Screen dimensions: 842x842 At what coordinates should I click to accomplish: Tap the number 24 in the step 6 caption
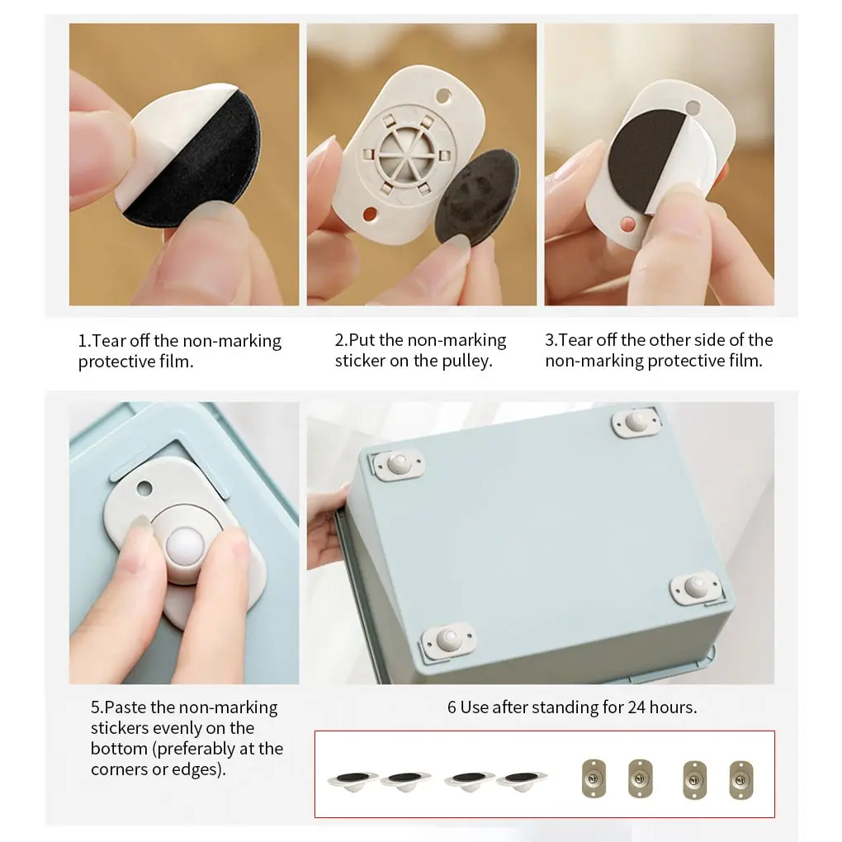(x=636, y=707)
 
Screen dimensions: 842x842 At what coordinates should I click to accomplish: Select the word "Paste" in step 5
(x=125, y=707)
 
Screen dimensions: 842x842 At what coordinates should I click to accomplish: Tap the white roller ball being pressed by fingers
(x=185, y=546)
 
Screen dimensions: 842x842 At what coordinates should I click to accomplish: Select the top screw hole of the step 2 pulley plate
(x=443, y=97)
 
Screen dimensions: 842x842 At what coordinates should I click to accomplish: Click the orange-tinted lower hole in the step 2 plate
(x=370, y=214)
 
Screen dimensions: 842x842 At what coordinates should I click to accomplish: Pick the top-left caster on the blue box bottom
(x=398, y=464)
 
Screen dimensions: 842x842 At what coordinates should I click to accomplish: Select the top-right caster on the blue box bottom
(x=636, y=423)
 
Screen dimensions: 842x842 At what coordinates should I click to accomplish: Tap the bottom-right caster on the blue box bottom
(x=695, y=588)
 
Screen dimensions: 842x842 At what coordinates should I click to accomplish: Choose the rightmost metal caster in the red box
(x=741, y=780)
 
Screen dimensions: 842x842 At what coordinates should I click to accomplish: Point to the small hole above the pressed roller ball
(x=144, y=489)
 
